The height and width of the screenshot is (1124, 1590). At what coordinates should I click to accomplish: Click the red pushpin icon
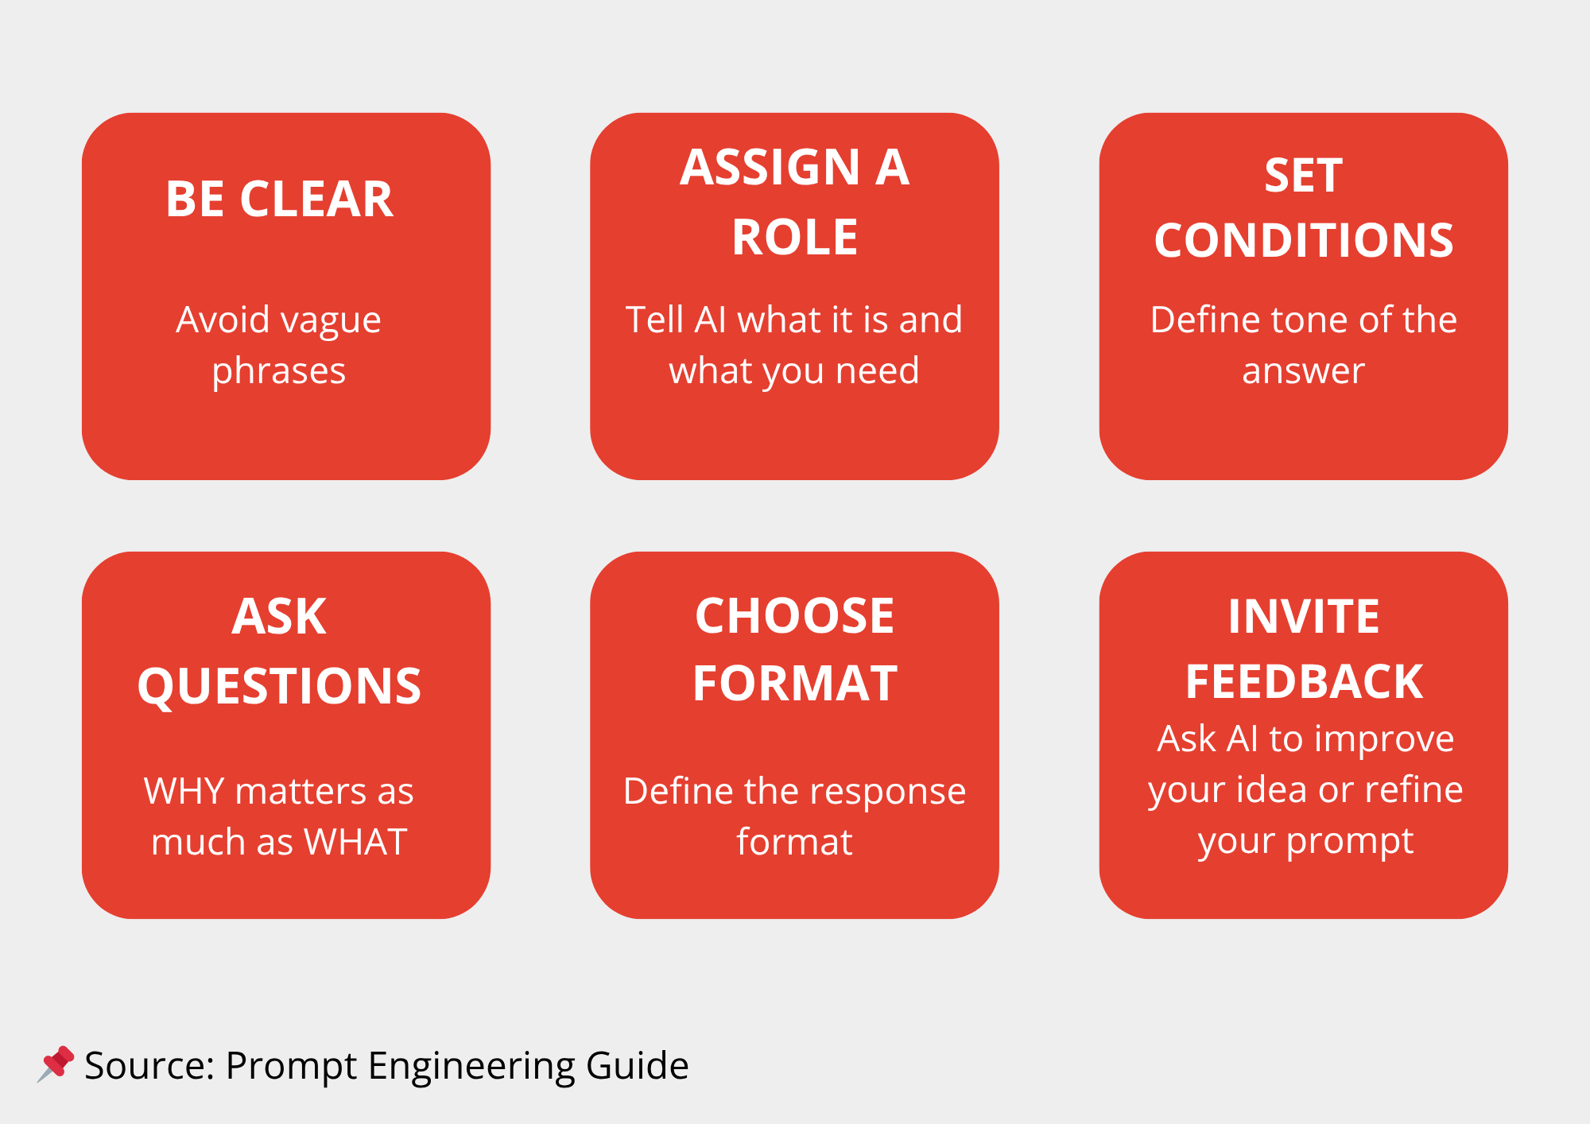56,1064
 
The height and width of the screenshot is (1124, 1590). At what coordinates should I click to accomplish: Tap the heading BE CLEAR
279,199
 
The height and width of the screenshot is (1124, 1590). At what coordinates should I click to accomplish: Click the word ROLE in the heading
795,237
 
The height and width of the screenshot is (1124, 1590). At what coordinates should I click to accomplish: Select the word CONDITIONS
1304,240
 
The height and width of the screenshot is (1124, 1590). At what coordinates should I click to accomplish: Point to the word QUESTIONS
279,688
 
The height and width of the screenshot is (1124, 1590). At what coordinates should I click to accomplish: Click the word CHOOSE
795,616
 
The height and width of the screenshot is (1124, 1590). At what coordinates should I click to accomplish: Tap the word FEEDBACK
1304,682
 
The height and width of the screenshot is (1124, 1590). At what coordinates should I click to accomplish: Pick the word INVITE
1304,616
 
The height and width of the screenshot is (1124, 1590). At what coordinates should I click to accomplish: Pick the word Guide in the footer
638,1065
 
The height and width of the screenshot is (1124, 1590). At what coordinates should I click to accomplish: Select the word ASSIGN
770,168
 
